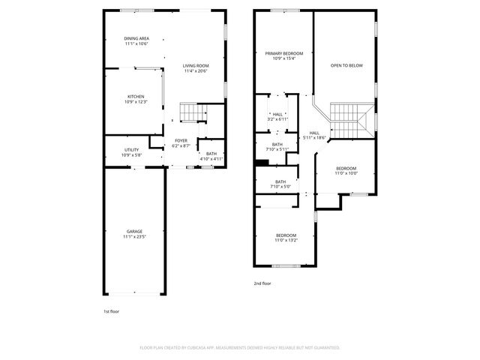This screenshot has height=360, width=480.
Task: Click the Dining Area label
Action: pyautogui.click(x=136, y=38)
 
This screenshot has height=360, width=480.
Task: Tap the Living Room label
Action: pyautogui.click(x=196, y=66)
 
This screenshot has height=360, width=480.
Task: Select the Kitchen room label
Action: pyautogui.click(x=136, y=97)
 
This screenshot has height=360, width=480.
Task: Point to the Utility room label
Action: pyautogui.click(x=131, y=150)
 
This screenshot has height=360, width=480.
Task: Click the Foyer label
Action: pyautogui.click(x=181, y=140)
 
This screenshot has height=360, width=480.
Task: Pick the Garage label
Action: pyautogui.click(x=134, y=231)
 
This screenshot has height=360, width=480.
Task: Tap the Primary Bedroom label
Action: pyautogui.click(x=283, y=53)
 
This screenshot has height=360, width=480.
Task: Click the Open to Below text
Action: pyautogui.click(x=346, y=66)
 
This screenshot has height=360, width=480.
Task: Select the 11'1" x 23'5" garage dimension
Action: pyautogui.click(x=134, y=237)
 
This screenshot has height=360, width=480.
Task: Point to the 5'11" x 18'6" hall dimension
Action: pyautogui.click(x=315, y=138)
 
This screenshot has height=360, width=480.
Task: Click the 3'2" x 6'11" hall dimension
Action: pyautogui.click(x=277, y=119)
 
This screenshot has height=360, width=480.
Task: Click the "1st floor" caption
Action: pyautogui.click(x=111, y=311)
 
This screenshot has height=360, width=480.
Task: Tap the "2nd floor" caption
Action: pyautogui.click(x=262, y=283)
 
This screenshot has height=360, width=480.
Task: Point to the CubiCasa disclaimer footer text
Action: pyautogui.click(x=240, y=347)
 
